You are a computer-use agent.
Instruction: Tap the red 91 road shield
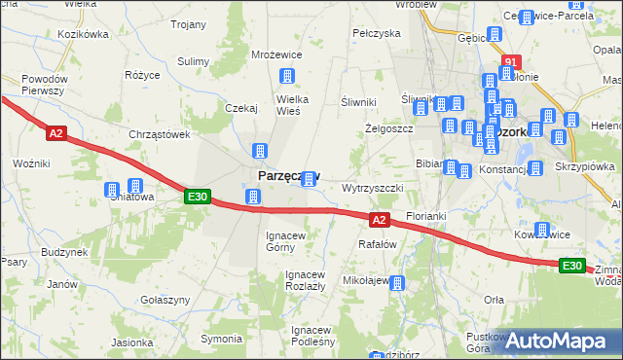point(509,62)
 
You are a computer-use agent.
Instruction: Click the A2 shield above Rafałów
point(380,221)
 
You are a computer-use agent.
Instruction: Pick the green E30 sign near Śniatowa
point(198,197)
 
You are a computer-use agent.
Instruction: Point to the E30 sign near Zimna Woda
point(572,266)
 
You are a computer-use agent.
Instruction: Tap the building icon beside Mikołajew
point(396,282)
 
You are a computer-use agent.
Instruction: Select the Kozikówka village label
point(83,34)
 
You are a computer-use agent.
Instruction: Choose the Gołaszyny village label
point(164,300)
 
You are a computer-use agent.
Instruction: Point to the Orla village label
point(494,300)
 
